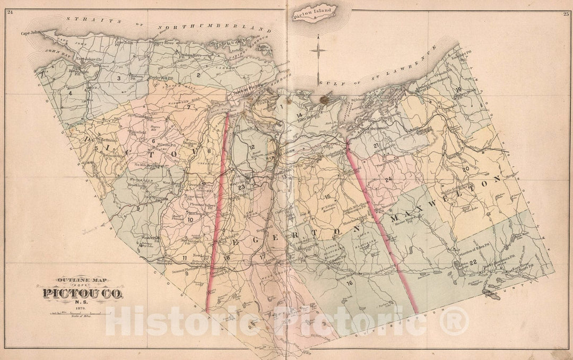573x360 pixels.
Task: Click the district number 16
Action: pos(349,283)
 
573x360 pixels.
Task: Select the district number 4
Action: pos(70,93)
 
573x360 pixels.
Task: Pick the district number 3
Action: pos(119,78)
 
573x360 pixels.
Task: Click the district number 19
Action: pos(458,90)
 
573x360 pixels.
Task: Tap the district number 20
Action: pos(466,169)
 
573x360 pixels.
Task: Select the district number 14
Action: pos(299,115)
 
